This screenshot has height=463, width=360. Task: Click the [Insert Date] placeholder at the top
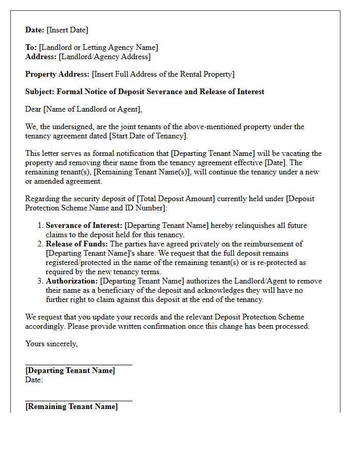point(67,30)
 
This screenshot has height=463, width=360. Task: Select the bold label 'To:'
point(31,47)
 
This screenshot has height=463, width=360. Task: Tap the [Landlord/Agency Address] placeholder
point(104,57)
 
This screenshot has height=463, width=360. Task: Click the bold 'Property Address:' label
point(58,74)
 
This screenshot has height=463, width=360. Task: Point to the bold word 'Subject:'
point(40,92)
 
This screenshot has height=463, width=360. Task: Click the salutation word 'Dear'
point(33,109)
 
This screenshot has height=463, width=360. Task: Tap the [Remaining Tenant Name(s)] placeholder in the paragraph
point(146,172)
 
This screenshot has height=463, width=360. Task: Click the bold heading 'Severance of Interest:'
point(84,225)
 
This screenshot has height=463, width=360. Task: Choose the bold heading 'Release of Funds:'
point(77,244)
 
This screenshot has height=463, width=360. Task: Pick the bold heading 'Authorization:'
point(72,281)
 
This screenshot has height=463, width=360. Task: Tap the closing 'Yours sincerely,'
point(51,344)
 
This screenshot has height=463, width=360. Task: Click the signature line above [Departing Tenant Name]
point(79,365)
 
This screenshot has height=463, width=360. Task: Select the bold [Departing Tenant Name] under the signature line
point(70,370)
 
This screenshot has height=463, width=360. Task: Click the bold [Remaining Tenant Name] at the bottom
point(71,406)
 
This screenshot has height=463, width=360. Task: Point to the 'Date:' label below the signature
point(34,380)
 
